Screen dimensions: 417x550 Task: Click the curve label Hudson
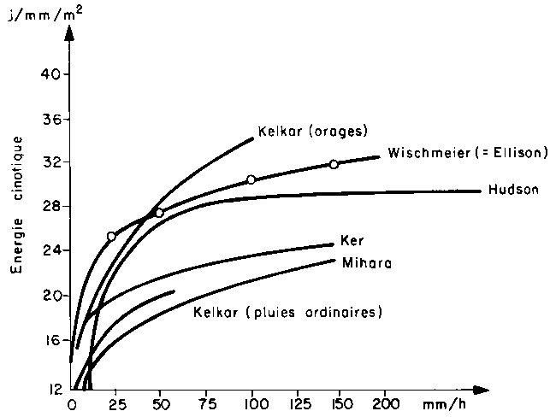(x=513, y=190)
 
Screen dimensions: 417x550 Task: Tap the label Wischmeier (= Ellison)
(x=466, y=154)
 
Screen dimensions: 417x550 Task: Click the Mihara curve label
(x=367, y=263)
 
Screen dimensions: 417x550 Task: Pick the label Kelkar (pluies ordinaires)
(x=287, y=312)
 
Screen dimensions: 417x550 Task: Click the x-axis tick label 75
(x=204, y=402)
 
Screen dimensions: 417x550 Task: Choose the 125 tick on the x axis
(x=293, y=402)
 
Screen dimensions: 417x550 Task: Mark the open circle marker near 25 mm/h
(x=111, y=237)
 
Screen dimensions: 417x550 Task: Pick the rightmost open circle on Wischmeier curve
(x=334, y=164)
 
